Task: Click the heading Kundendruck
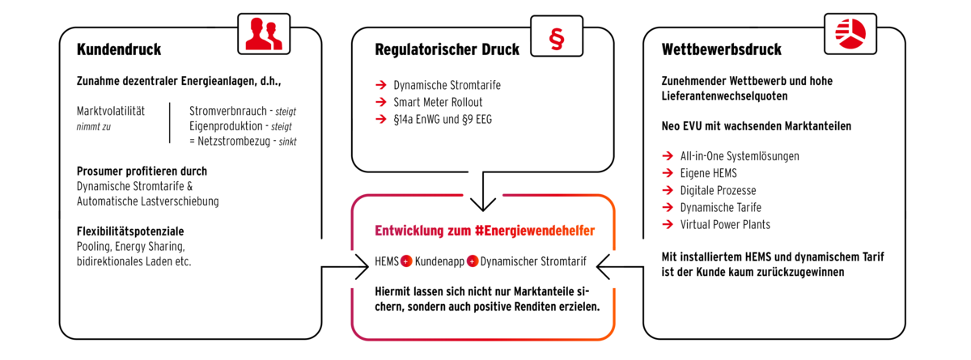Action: [119, 49]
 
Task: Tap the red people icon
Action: [264, 33]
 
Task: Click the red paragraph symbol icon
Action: [557, 40]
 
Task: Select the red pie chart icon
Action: [850, 34]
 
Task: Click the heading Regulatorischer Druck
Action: [447, 49]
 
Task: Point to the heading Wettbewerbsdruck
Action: [721, 49]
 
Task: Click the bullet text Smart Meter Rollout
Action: [438, 102]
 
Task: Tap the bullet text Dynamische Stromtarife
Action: [447, 85]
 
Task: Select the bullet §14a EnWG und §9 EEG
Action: [443, 119]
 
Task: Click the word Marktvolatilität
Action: [111, 111]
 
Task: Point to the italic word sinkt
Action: [287, 142]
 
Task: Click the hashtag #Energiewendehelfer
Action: [535, 231]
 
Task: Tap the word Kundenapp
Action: [439, 261]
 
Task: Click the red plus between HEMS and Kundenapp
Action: [406, 261]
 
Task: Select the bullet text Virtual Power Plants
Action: [725, 224]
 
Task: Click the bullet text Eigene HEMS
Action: [708, 173]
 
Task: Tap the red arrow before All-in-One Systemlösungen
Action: [668, 156]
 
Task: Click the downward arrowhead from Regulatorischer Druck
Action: [483, 204]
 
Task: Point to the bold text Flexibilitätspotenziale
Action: [130, 231]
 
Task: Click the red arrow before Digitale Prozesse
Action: [668, 190]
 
